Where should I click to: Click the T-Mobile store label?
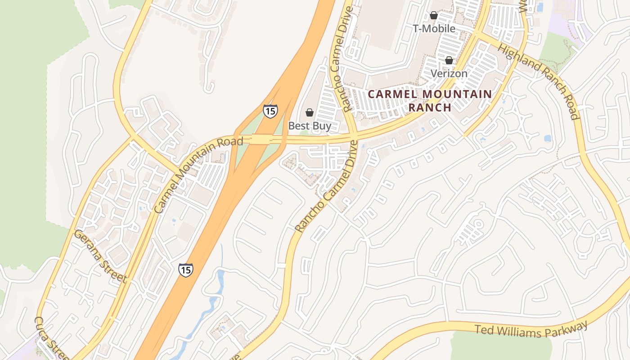tap(434, 28)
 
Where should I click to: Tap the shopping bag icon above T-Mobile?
tap(433, 15)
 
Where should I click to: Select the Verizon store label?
tap(449, 73)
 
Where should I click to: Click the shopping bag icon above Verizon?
tap(449, 60)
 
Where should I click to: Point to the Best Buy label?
tap(309, 126)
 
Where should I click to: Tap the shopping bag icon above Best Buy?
tap(309, 112)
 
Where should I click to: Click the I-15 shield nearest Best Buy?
tap(270, 111)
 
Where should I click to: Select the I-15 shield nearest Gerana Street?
tap(185, 270)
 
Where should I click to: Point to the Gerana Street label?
tap(100, 256)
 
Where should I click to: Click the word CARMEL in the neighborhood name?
tap(389, 94)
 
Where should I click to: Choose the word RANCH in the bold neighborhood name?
tap(429, 108)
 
